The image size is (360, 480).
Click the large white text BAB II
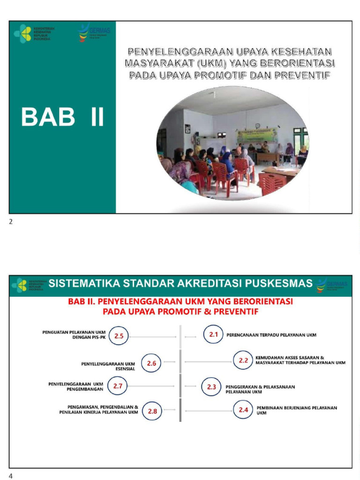[62, 117]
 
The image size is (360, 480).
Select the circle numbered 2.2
[243, 360]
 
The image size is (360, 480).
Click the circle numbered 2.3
[211, 387]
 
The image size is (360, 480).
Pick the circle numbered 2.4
[243, 410]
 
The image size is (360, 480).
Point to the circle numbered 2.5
[119, 336]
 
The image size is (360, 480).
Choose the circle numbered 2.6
[151, 363]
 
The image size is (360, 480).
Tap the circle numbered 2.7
[117, 386]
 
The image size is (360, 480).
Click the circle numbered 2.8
[152, 412]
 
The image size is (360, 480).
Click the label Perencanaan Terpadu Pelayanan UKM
[271, 335]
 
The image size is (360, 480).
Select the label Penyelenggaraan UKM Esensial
[108, 366]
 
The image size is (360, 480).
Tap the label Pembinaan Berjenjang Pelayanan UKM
[297, 410]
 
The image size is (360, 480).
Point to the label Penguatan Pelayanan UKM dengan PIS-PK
[74, 335]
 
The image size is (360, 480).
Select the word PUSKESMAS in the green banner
[284, 283]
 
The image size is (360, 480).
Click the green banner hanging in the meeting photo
[257, 136]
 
